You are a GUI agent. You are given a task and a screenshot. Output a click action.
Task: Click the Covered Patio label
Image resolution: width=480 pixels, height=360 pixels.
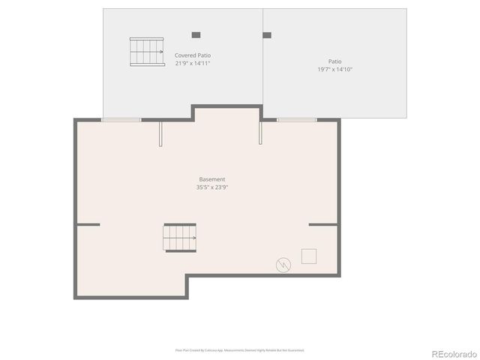(193, 55)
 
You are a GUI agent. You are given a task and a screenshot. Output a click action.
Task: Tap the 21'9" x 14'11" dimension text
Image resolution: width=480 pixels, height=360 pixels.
(193, 64)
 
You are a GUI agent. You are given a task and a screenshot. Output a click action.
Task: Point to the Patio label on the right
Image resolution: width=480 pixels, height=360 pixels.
(334, 61)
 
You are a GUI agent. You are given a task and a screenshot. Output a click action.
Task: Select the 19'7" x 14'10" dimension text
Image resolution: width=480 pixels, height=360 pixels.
(334, 69)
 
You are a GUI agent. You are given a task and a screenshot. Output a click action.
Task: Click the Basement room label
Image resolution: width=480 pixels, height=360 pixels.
(212, 179)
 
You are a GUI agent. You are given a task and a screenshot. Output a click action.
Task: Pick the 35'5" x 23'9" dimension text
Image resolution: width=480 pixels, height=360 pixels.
(212, 187)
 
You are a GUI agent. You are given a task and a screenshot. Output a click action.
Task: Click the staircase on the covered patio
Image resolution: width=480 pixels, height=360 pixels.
(147, 52)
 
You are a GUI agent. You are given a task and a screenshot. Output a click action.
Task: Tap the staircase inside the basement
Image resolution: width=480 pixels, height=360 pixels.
(180, 238)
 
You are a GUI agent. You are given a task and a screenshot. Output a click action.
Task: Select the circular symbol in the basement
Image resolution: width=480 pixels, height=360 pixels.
(283, 264)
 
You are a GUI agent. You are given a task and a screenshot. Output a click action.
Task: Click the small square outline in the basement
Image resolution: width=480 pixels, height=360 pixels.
(309, 256)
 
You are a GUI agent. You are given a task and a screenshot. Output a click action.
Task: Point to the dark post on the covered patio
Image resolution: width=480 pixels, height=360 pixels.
(196, 34)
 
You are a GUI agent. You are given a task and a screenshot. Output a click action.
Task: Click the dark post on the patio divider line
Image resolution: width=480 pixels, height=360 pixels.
(266, 34)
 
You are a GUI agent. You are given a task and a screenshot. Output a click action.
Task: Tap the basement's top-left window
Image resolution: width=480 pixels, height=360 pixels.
(121, 119)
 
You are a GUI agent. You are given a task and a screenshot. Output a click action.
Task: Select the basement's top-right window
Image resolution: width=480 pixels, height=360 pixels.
(296, 119)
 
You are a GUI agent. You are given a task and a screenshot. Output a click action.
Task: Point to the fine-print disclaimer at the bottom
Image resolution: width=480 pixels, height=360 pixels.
(240, 349)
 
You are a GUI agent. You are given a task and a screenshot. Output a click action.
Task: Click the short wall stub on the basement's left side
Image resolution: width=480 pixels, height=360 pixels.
(88, 224)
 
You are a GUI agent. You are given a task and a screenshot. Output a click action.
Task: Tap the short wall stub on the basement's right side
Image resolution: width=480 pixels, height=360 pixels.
(322, 224)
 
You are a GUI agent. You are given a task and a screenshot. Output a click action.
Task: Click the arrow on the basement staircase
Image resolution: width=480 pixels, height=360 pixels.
(193, 238)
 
